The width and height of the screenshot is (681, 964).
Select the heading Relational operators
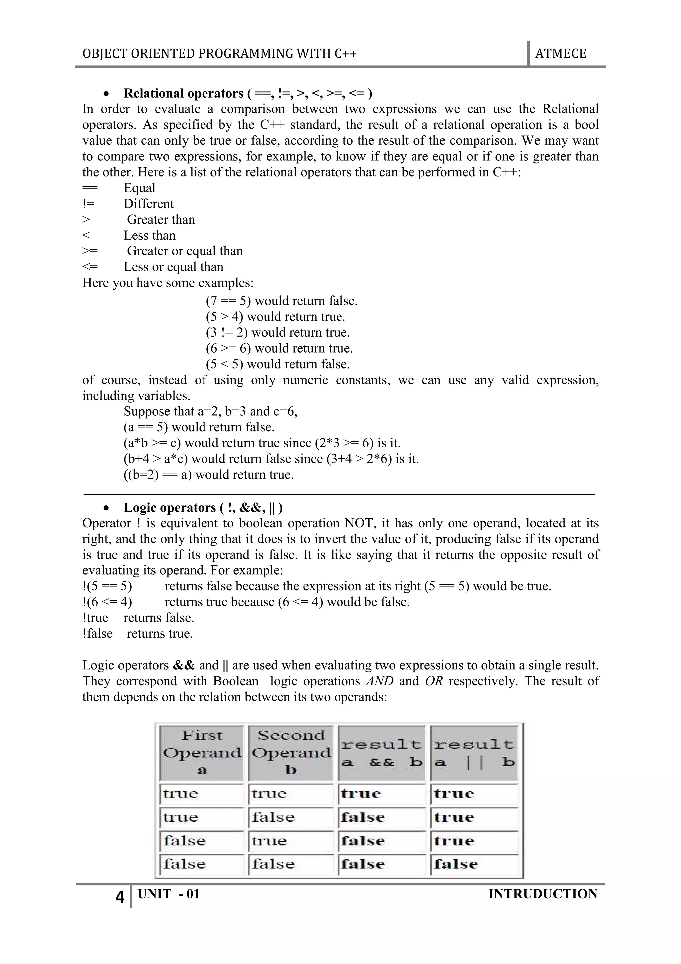tap(183, 93)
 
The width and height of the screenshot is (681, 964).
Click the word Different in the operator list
tap(149, 204)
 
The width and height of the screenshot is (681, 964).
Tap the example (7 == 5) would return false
tap(282, 301)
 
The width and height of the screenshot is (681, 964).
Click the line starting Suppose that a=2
tap(210, 411)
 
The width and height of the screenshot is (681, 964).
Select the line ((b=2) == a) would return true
tap(208, 474)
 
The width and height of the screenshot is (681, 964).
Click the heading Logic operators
tap(170, 508)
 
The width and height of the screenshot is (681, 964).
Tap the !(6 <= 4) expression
tap(107, 602)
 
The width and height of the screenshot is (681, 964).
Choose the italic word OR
tap(434, 681)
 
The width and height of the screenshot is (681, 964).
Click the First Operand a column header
tap(202, 753)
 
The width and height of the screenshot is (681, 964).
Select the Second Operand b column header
tap(291, 753)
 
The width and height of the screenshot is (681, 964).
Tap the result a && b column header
tap(381, 753)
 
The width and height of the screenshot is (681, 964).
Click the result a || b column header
tap(474, 753)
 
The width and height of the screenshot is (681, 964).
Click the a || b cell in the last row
tap(474, 864)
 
